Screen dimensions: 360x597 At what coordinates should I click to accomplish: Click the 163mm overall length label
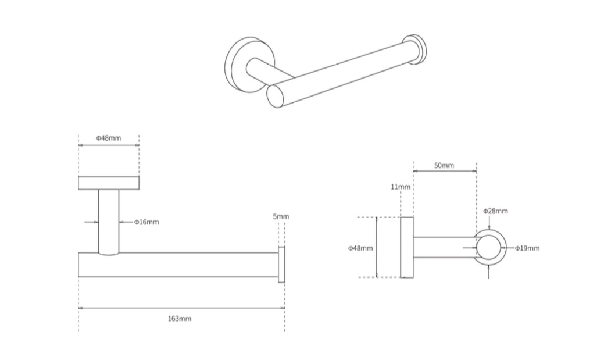pyautogui.click(x=180, y=319)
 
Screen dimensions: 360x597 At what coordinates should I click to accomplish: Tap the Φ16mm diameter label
pyautogui.click(x=146, y=222)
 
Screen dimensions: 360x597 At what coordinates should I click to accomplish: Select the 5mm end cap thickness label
pyautogui.click(x=281, y=216)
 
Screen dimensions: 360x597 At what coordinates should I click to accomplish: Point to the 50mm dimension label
pyautogui.click(x=444, y=166)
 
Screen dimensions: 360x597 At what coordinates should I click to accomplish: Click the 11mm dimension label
pyautogui.click(x=401, y=187)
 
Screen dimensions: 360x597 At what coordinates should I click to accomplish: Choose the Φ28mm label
pyautogui.click(x=495, y=211)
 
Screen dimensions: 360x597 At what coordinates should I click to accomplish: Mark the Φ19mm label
pyautogui.click(x=527, y=248)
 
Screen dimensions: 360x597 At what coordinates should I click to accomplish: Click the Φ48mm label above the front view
pyautogui.click(x=108, y=138)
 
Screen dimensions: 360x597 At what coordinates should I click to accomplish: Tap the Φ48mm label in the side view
pyautogui.click(x=360, y=248)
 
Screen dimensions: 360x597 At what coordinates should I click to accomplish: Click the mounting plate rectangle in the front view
pyautogui.click(x=109, y=183)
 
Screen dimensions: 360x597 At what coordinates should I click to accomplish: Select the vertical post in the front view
pyautogui.click(x=109, y=221)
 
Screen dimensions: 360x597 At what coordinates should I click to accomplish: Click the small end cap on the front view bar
pyautogui.click(x=281, y=265)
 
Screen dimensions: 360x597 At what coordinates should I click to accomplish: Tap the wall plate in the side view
pyautogui.click(x=407, y=247)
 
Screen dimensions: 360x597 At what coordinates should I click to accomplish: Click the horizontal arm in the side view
pyautogui.click(x=442, y=247)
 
